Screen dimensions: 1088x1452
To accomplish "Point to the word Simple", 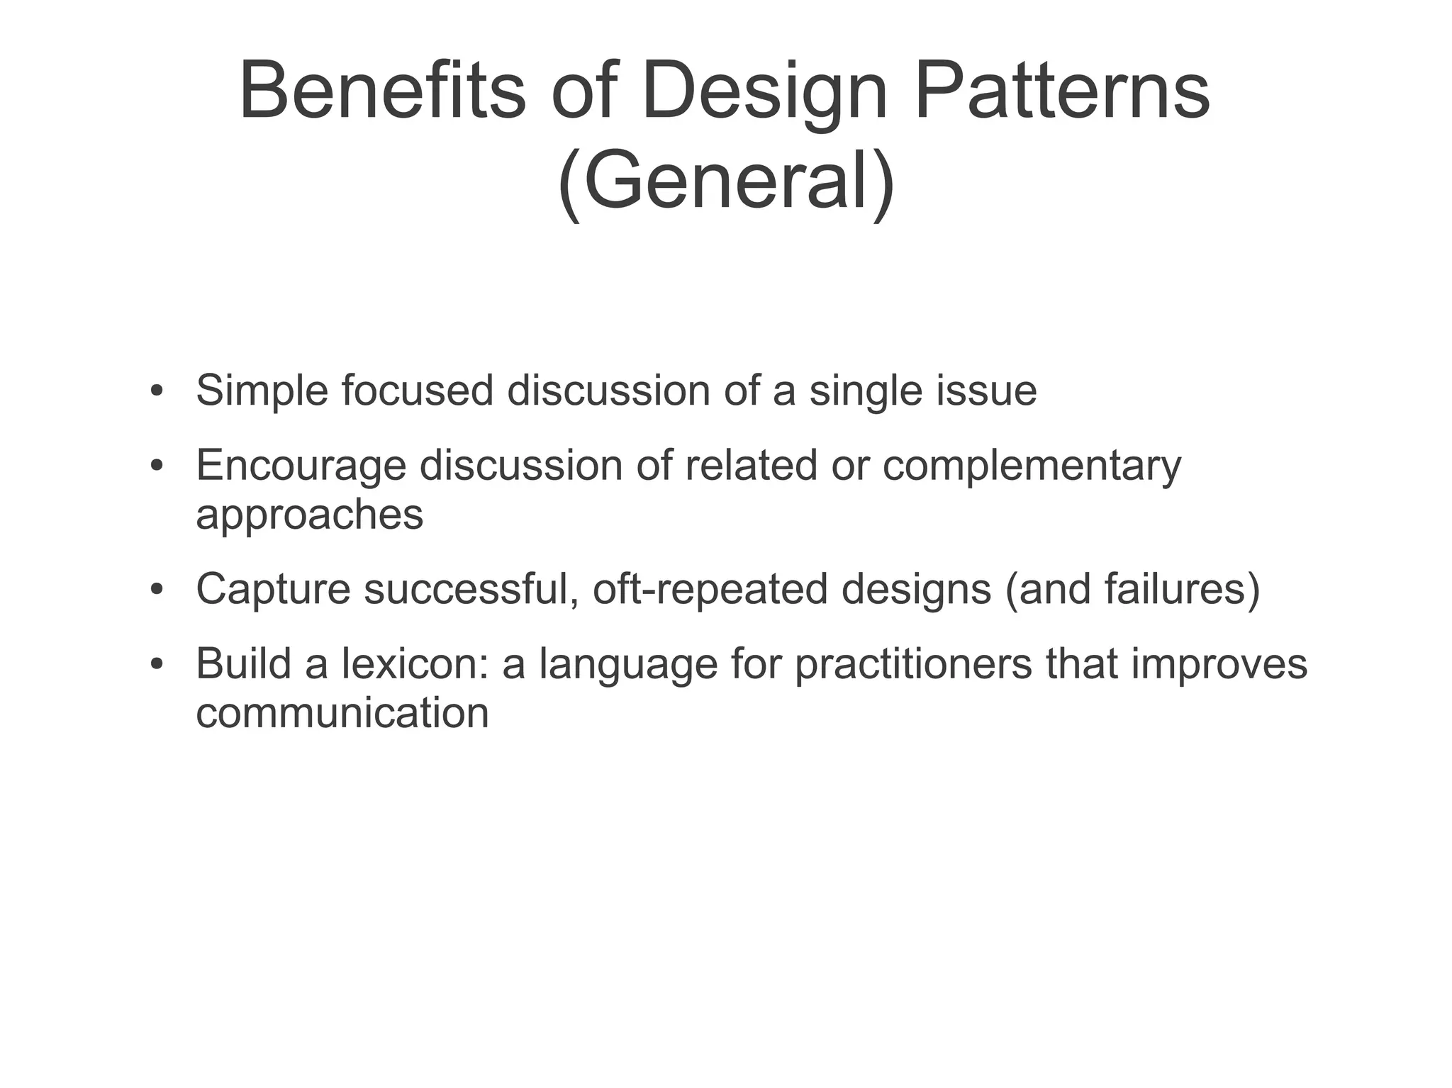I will (262, 391).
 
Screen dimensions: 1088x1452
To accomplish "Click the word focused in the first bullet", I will (417, 390).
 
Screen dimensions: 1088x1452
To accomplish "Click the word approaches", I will (309, 515).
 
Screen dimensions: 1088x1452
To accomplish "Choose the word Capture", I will (273, 589).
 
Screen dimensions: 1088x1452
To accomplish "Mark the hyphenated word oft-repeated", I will (710, 590).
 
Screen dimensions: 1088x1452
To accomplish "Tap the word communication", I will (342, 712).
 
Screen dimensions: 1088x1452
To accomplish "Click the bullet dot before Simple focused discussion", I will (157, 391).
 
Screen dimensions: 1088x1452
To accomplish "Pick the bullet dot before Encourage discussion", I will (157, 466).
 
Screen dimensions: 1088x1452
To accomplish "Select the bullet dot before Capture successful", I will (157, 590).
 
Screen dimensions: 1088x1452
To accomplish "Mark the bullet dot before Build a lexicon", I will (157, 665).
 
